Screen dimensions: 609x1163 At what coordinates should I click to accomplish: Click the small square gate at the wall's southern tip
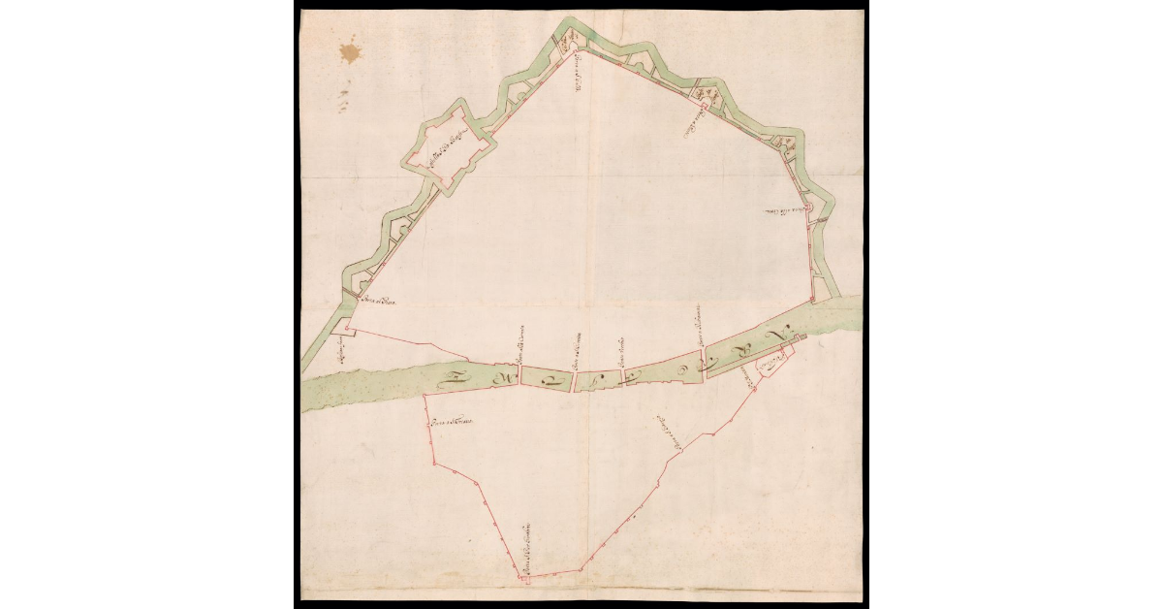524,579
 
